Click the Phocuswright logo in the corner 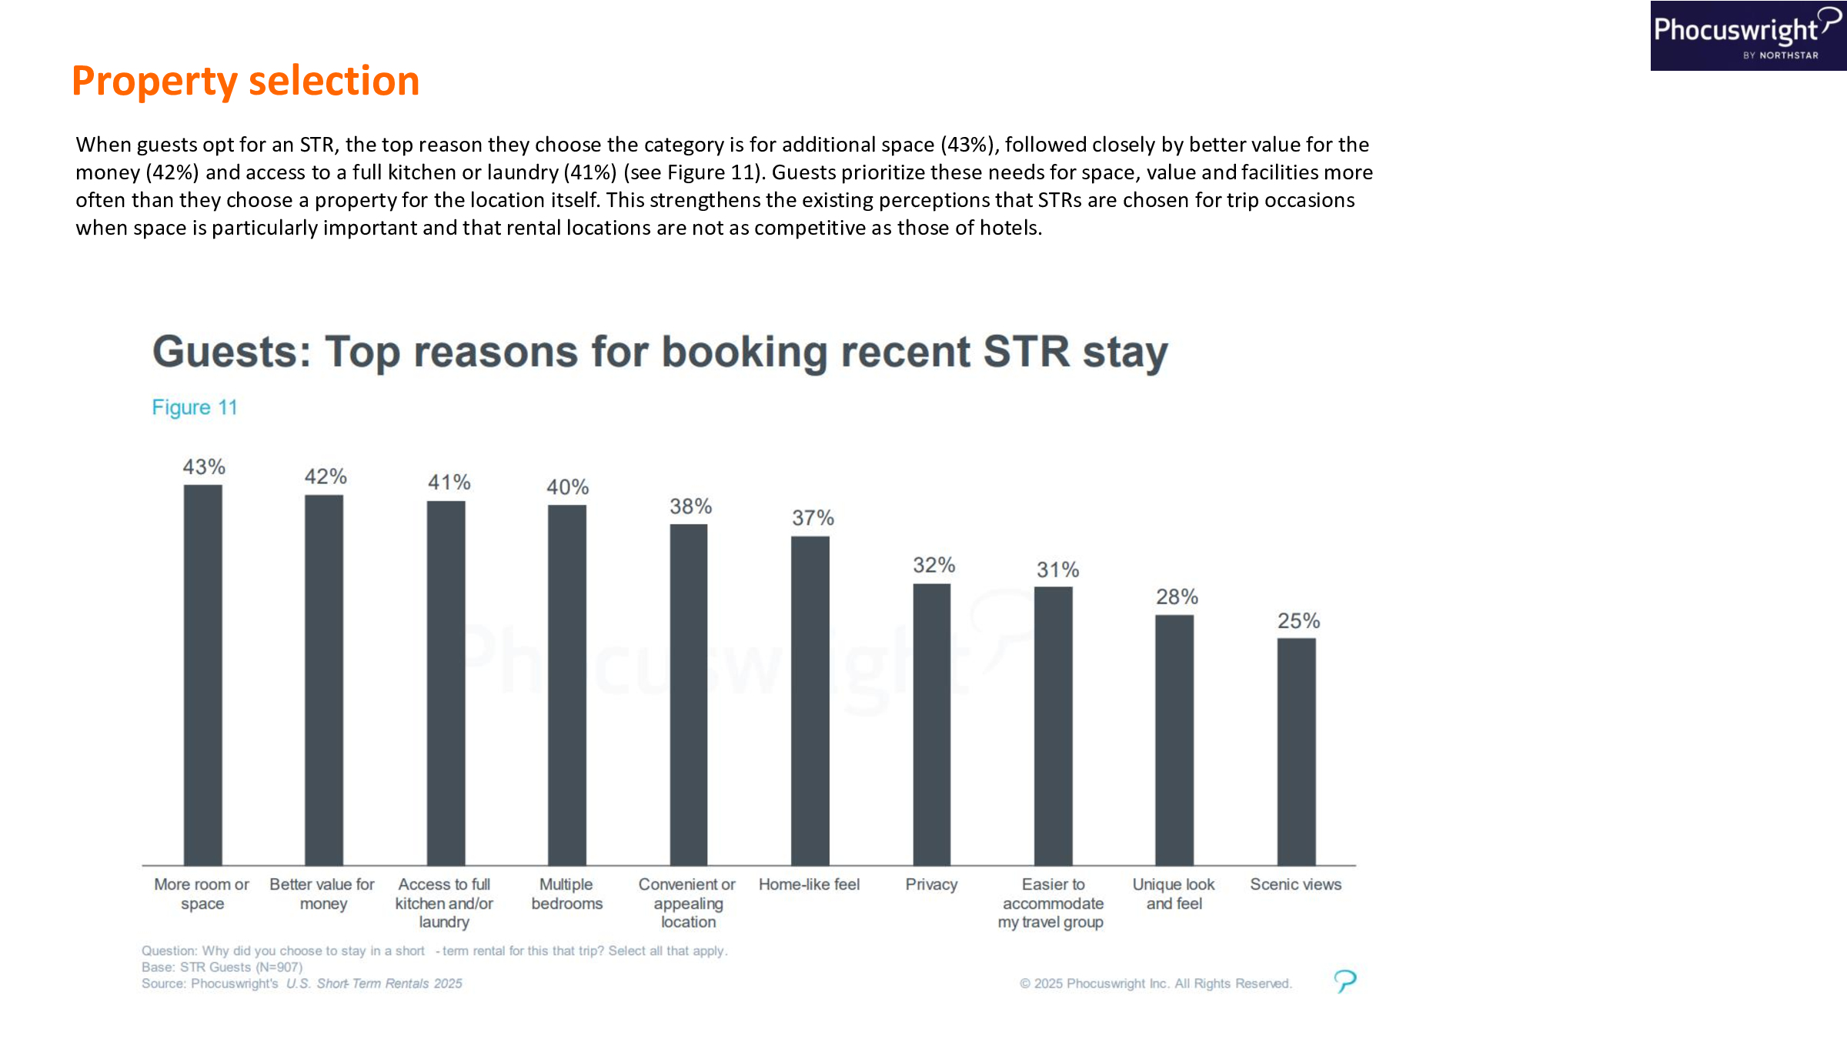(1748, 35)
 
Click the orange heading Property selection (245, 81)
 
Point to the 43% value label (204, 467)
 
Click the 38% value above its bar (690, 506)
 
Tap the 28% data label (1177, 596)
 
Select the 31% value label (1057, 570)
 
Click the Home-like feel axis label (809, 884)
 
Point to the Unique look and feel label (1174, 894)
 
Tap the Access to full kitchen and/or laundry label (444, 903)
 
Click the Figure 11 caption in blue (195, 407)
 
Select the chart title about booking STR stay (660, 352)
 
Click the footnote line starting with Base (222, 967)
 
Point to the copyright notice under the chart (1155, 984)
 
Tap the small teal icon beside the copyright (1344, 981)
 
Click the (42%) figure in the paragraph (172, 172)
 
